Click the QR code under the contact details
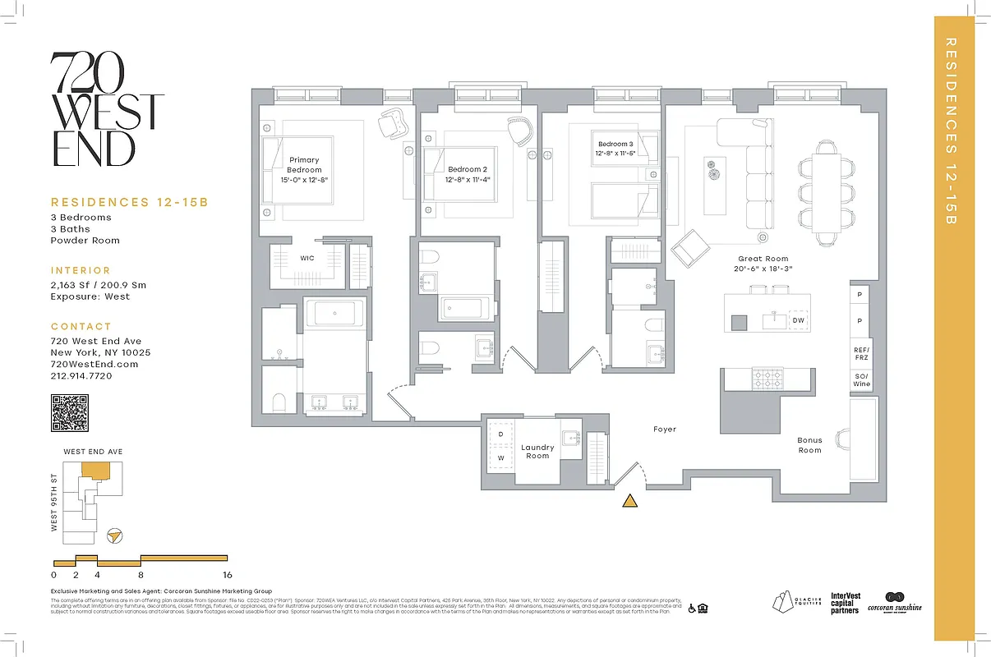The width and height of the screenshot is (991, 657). click(x=69, y=413)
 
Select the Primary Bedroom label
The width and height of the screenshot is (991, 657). click(x=303, y=165)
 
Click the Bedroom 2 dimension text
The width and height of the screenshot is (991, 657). click(x=468, y=178)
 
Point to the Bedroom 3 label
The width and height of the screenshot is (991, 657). click(x=615, y=144)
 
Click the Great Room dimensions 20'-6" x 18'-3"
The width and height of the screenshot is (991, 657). click(x=763, y=269)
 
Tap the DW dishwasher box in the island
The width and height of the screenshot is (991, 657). click(x=798, y=320)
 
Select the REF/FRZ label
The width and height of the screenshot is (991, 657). click(x=861, y=353)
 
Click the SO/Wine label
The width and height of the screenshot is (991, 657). click(x=861, y=379)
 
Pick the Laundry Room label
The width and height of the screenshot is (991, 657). click(x=537, y=452)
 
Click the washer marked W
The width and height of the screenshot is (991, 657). click(x=500, y=457)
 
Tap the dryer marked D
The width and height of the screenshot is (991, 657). click(x=500, y=434)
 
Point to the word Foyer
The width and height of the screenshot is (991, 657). click(x=664, y=430)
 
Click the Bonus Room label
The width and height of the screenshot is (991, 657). click(x=809, y=445)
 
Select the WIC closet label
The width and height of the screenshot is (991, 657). click(x=307, y=258)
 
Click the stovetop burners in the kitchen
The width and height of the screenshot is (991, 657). click(x=767, y=379)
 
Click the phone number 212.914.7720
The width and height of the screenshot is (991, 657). click(x=81, y=375)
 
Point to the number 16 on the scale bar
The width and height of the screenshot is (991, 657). click(x=227, y=575)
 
